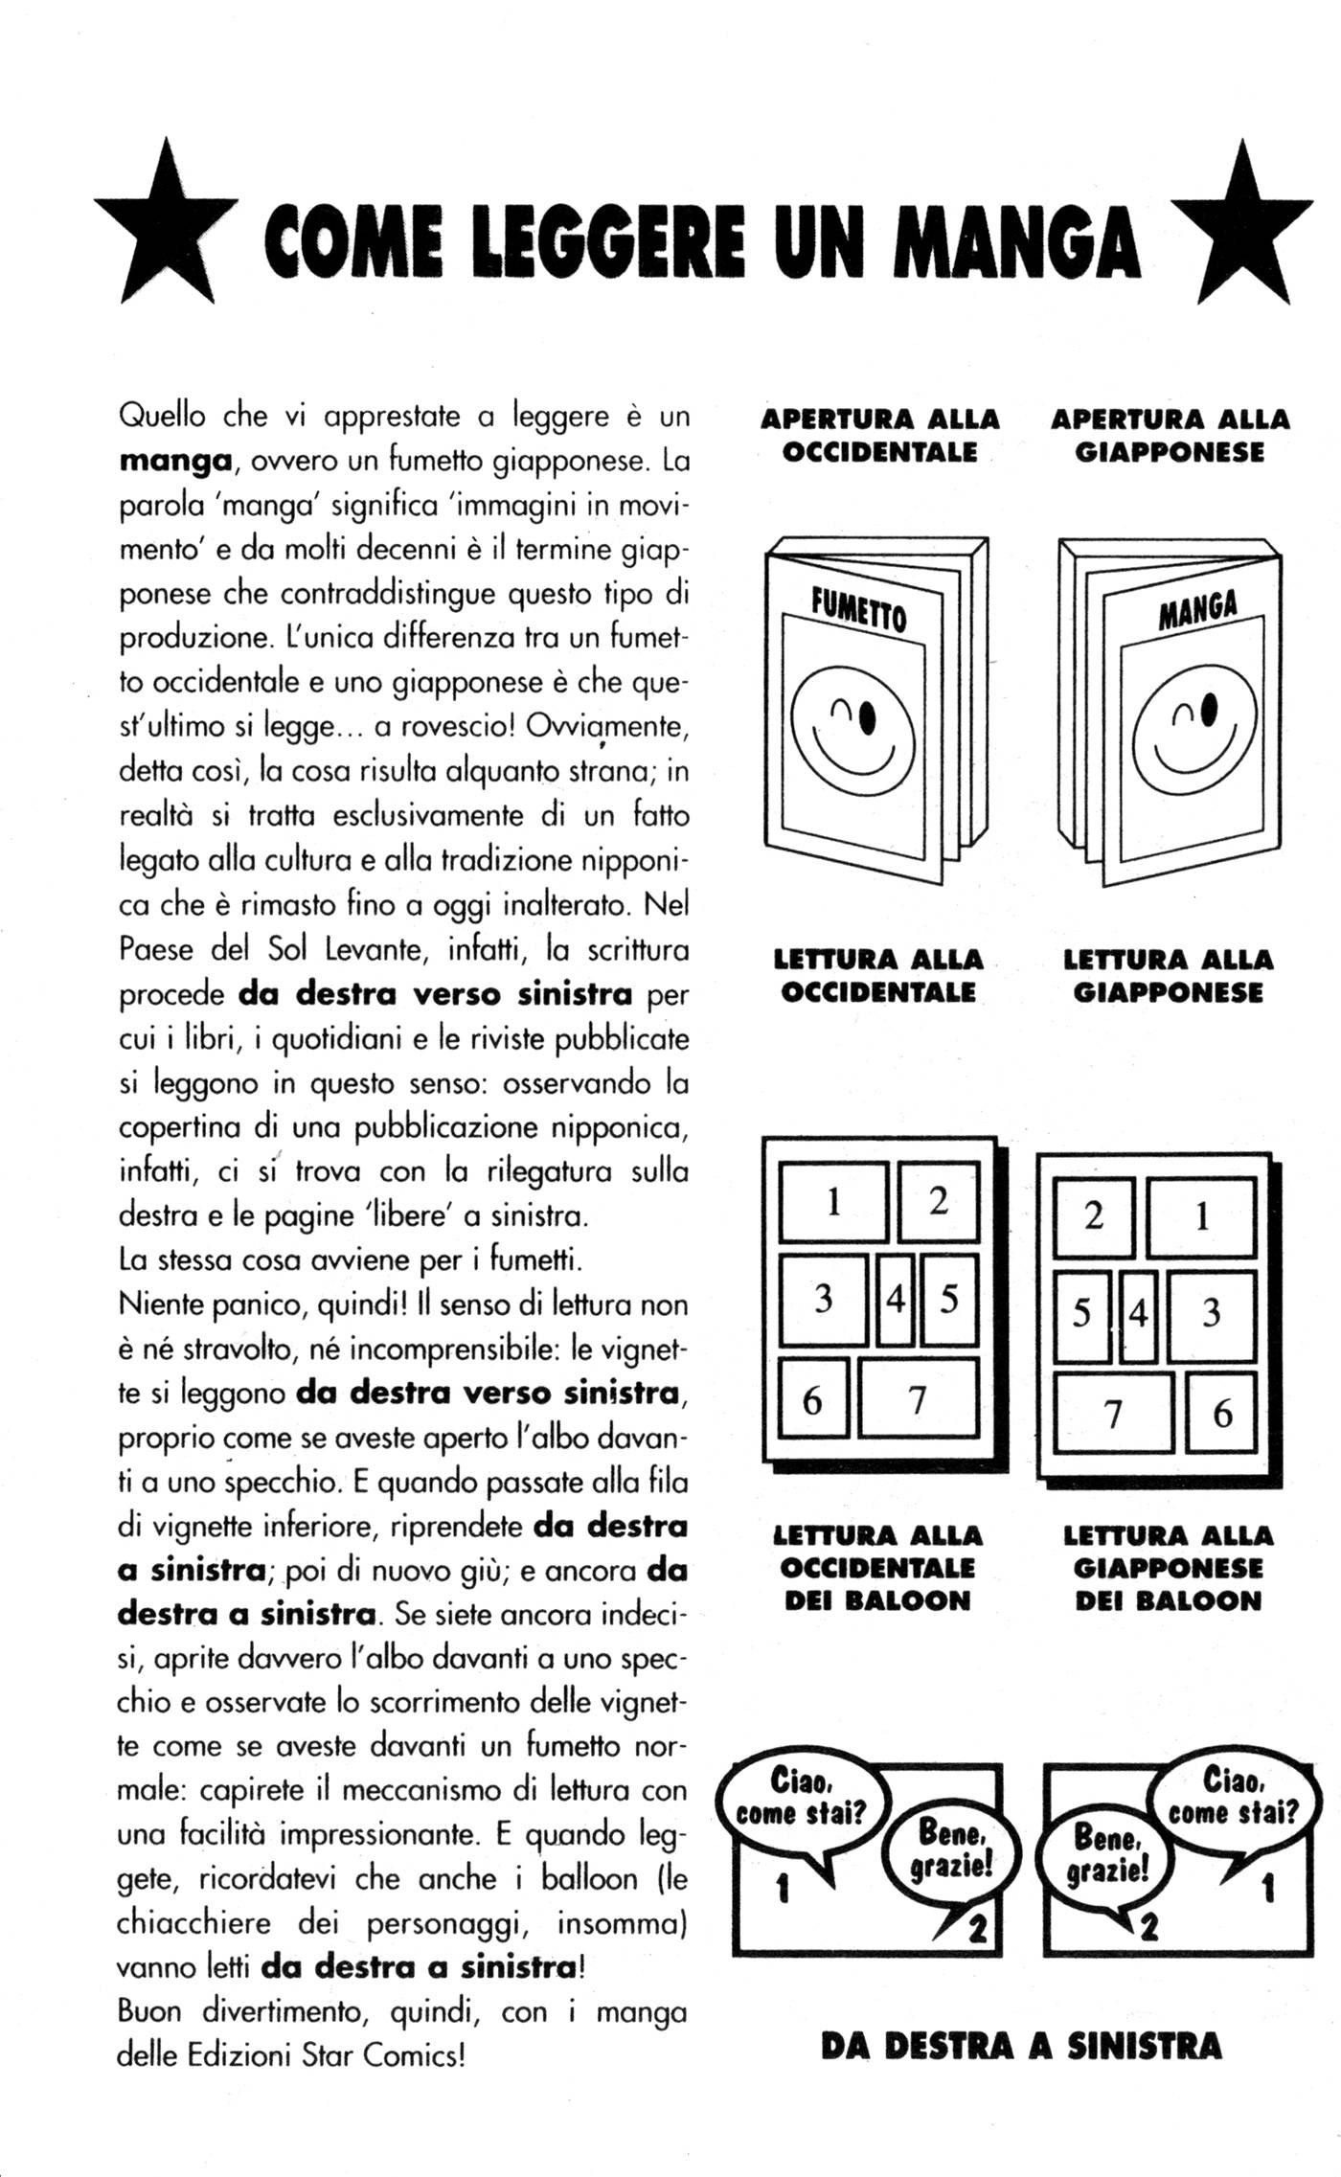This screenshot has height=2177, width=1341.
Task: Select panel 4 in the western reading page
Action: pos(896,1300)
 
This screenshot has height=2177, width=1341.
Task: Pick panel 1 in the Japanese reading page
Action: pos(1202,1217)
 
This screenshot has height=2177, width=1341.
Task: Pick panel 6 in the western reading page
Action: pos(812,1400)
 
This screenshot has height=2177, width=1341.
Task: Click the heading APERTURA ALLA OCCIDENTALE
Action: pos(879,435)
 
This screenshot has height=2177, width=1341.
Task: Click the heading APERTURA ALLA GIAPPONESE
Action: pos(1170,435)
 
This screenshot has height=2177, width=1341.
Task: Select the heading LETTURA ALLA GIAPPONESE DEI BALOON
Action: pos(1169,1568)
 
